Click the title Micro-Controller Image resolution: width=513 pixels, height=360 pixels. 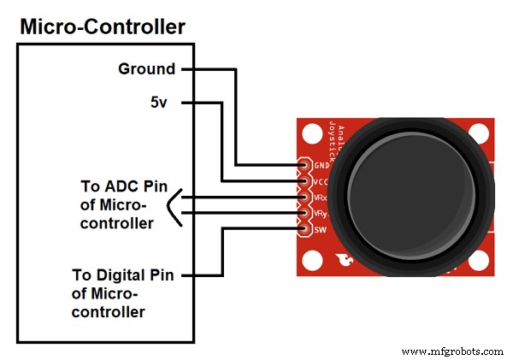tap(102, 27)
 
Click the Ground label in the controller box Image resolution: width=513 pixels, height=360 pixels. tap(146, 69)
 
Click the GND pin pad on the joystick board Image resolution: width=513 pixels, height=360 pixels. tap(303, 165)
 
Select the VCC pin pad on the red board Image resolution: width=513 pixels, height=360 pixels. tap(303, 181)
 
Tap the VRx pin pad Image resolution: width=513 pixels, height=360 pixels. tap(303, 197)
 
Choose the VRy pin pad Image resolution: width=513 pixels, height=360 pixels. tap(303, 213)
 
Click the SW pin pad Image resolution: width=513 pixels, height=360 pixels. tap(303, 228)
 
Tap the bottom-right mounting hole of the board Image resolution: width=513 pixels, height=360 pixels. tap(481, 260)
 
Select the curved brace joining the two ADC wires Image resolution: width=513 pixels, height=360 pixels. tap(174, 205)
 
